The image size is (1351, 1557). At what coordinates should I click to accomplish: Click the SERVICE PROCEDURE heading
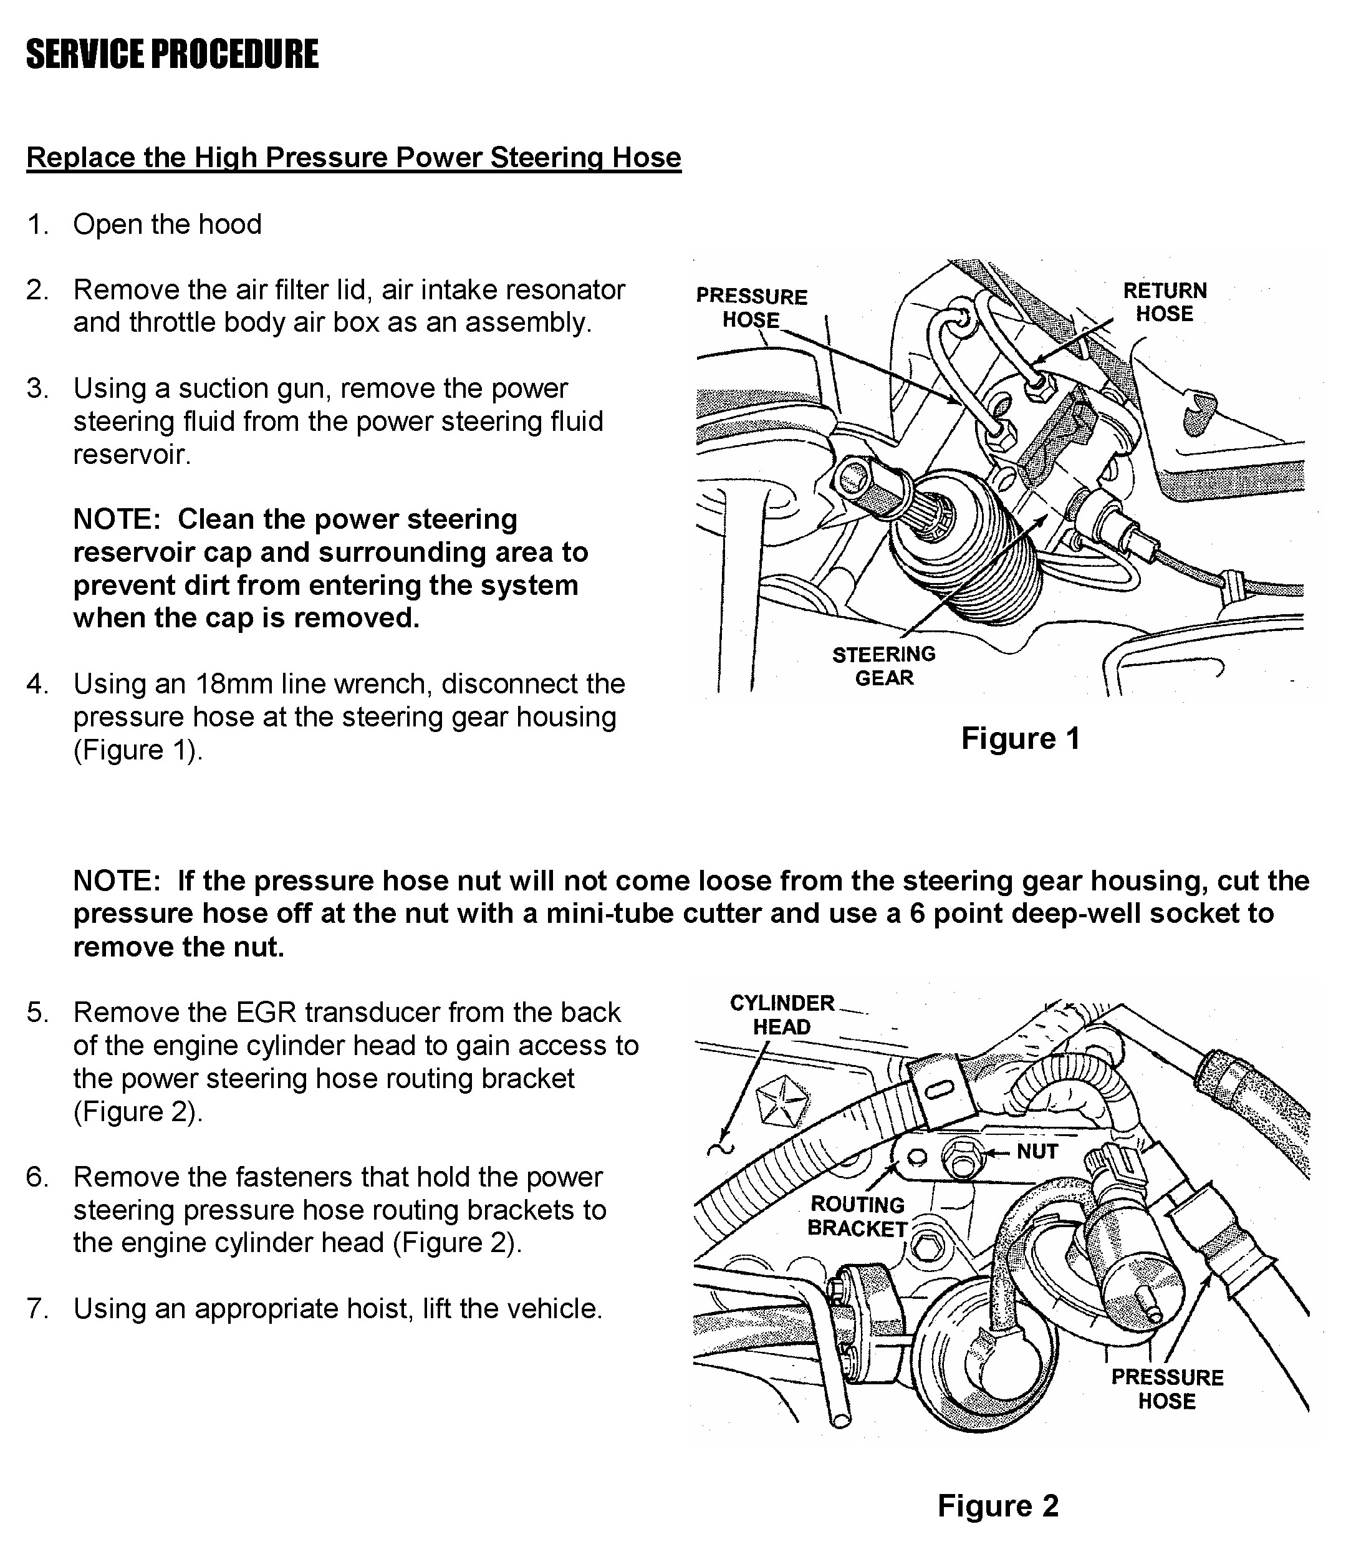[172, 54]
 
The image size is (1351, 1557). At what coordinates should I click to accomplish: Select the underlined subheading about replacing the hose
[353, 158]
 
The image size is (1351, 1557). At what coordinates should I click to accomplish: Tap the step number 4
[37, 684]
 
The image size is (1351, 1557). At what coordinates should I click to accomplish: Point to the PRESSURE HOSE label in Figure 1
[751, 307]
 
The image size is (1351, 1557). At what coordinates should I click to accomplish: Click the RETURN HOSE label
[1164, 302]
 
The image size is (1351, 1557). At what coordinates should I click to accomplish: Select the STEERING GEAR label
[883, 666]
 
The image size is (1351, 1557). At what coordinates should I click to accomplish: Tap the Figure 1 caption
[1020, 738]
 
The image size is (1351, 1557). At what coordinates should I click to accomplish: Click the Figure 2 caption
[998, 1506]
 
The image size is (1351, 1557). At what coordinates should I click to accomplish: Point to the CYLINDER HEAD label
[782, 1015]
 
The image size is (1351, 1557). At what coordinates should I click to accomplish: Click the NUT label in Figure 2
[1037, 1151]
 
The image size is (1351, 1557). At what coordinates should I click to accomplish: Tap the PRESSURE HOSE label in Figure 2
[1166, 1389]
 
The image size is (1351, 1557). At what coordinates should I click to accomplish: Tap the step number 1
[37, 224]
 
